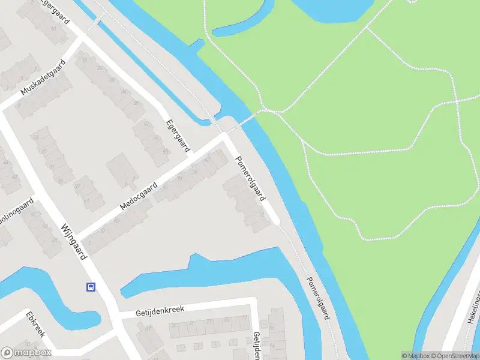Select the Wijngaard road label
pyautogui.click(x=74, y=241)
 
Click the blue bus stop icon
pyautogui.click(x=91, y=287)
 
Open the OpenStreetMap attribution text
pyautogui.click(x=454, y=356)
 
